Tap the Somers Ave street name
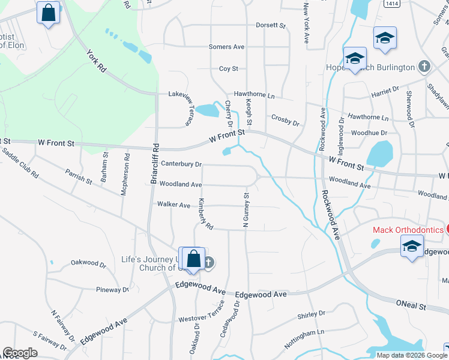click(226, 47)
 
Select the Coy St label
click(229, 69)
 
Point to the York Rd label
click(96, 61)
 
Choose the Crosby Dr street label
click(285, 120)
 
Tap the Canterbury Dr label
click(181, 163)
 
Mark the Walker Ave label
click(173, 205)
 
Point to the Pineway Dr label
click(113, 289)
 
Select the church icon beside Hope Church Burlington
click(424, 67)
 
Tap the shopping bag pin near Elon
click(48, 12)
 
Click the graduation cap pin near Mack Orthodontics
click(412, 246)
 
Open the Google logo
click(20, 353)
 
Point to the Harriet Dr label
click(386, 90)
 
